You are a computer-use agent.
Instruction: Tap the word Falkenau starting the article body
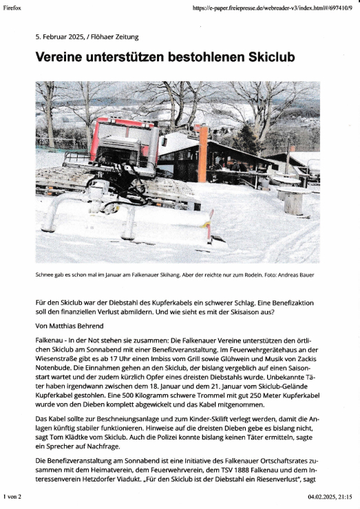[x=50, y=340]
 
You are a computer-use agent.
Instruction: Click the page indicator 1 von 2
[x=13, y=495]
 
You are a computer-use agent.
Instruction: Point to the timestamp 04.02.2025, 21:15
[x=330, y=495]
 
